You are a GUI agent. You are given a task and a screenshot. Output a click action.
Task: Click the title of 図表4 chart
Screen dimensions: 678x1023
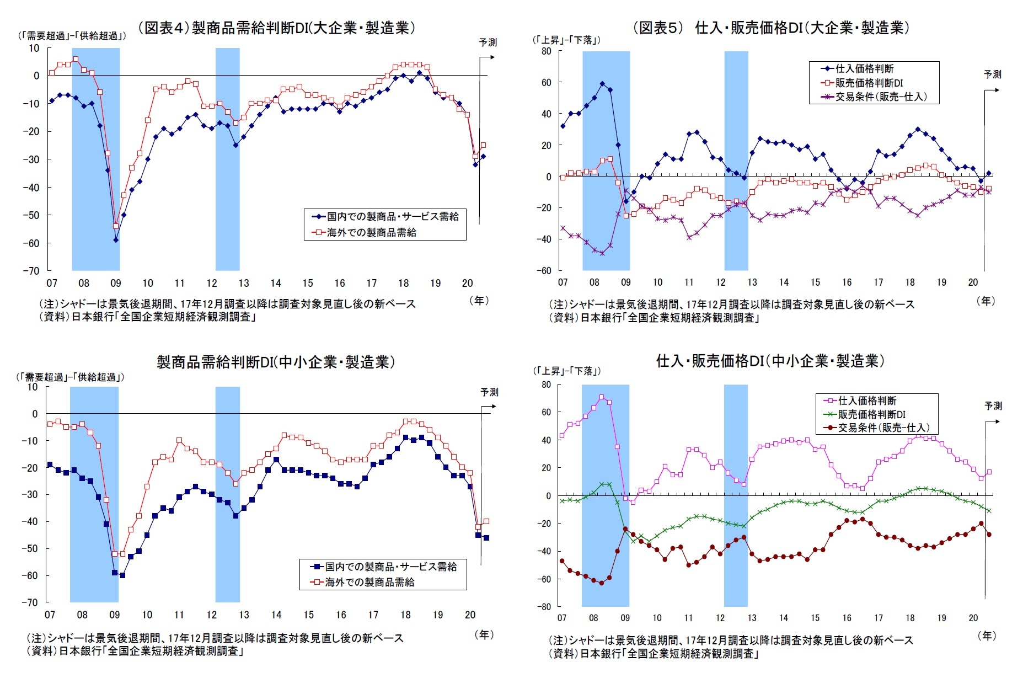[276, 28]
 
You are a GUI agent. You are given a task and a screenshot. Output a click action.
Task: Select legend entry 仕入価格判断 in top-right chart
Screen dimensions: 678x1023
[864, 69]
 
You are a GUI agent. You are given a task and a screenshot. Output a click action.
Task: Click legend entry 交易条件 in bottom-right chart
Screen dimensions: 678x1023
[883, 428]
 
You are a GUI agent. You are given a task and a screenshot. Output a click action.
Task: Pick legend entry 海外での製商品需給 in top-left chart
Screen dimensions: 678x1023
[371, 233]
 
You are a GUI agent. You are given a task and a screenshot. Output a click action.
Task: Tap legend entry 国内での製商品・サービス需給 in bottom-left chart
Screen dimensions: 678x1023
[390, 567]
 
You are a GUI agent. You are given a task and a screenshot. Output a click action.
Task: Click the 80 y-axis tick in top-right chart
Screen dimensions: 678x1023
[545, 51]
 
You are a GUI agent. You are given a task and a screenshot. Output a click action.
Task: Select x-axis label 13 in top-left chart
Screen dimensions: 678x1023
[244, 283]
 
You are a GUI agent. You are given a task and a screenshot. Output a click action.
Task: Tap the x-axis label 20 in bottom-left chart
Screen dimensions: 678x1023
[470, 615]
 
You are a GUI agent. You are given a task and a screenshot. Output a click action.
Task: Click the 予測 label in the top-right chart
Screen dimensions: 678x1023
[992, 74]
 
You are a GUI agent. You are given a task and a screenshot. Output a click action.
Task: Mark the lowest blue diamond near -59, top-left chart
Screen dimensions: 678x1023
[116, 240]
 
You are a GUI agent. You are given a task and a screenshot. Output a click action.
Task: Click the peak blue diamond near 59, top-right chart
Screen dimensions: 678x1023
[602, 84]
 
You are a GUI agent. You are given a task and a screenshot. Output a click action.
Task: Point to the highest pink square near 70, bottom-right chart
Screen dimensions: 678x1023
[601, 397]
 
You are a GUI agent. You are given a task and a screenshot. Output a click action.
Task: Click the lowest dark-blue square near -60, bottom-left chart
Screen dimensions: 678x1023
[122, 575]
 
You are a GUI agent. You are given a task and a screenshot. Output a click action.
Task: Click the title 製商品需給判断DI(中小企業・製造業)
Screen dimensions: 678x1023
[276, 362]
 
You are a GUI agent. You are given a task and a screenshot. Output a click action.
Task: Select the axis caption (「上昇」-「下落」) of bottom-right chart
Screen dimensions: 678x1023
[566, 371]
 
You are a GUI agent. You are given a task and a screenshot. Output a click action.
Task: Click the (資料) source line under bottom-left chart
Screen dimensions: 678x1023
[135, 651]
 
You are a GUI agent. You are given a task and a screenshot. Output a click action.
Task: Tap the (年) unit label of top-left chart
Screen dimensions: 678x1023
[479, 301]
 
